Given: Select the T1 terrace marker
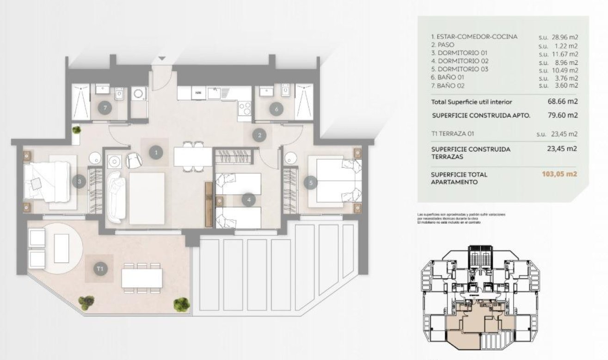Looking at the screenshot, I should point(99,268).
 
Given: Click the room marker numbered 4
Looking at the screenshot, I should point(249,200).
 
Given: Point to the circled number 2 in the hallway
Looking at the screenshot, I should point(260,135).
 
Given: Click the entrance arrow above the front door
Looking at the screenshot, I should point(162,59).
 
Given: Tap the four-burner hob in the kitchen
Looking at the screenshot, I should point(244,109).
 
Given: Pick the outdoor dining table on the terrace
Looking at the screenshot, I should point(142,278).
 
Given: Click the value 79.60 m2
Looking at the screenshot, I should point(563,115).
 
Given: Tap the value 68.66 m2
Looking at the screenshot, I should point(563,101).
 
